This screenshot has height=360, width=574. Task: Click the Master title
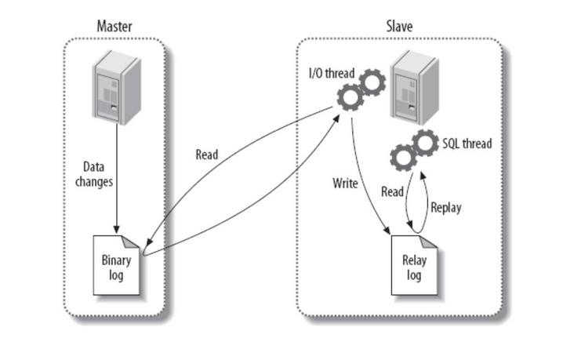[114, 26]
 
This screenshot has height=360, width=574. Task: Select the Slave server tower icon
[414, 85]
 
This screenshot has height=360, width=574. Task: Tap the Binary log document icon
[116, 265]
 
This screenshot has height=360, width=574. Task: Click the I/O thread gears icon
[361, 90]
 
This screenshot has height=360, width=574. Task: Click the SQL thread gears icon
[414, 150]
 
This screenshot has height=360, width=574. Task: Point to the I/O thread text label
[332, 73]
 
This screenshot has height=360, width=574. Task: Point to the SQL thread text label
[467, 144]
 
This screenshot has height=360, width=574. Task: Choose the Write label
[345, 184]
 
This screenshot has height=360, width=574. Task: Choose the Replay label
[446, 208]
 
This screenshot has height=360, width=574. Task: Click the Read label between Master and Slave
[207, 155]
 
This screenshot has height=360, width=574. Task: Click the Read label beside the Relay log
[392, 191]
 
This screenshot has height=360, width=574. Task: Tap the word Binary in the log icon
[116, 261]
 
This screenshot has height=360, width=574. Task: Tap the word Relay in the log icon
[413, 261]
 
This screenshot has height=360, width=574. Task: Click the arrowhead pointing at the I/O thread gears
[338, 117]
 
